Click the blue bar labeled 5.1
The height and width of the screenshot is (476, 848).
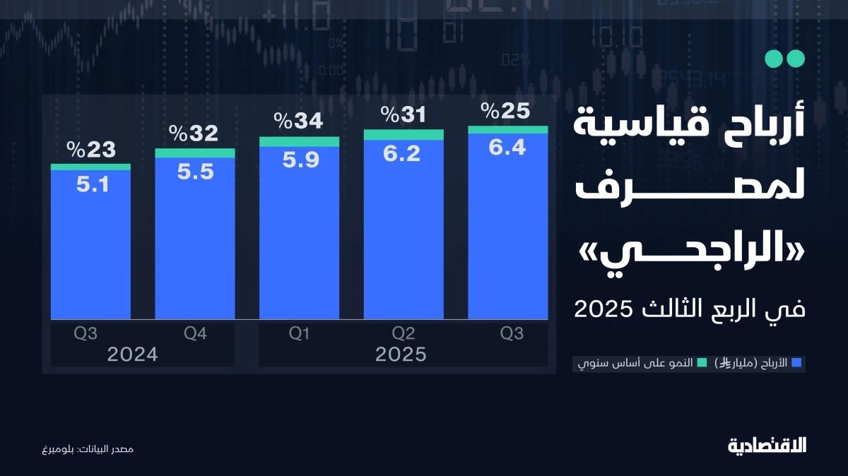[90, 247]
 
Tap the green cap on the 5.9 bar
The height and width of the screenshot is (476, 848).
[299, 142]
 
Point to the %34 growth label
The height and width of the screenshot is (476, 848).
[299, 121]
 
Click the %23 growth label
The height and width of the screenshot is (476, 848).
[90, 150]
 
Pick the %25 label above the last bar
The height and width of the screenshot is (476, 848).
[506, 111]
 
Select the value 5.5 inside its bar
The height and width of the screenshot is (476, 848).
[195, 172]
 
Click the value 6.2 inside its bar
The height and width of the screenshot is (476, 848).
[403, 153]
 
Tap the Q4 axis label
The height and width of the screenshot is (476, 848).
[195, 334]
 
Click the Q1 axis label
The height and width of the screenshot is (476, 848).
[299, 334]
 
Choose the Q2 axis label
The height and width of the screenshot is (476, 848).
[403, 334]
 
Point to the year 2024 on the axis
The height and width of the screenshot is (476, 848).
[133, 355]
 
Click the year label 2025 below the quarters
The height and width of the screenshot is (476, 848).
[401, 355]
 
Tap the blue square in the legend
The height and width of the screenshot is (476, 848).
[796, 363]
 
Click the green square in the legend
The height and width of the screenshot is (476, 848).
[702, 363]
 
